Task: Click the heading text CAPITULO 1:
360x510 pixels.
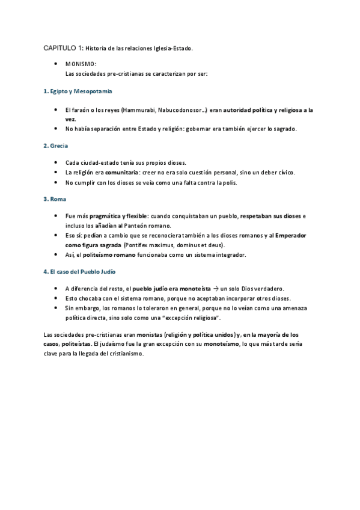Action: (x=63, y=48)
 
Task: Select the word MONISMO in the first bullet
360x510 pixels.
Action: (x=80, y=63)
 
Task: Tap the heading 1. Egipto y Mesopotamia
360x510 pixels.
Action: (x=78, y=91)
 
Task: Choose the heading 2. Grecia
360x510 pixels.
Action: (x=56, y=146)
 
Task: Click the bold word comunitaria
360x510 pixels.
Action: (x=120, y=173)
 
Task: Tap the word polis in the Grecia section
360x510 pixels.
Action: (x=230, y=182)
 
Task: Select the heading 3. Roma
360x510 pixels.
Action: (x=55, y=199)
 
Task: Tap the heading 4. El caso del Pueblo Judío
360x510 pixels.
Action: (x=80, y=272)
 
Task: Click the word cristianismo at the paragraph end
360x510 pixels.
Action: (x=124, y=354)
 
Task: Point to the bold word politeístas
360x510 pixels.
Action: (x=76, y=344)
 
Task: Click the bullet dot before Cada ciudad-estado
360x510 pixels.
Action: (x=56, y=163)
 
